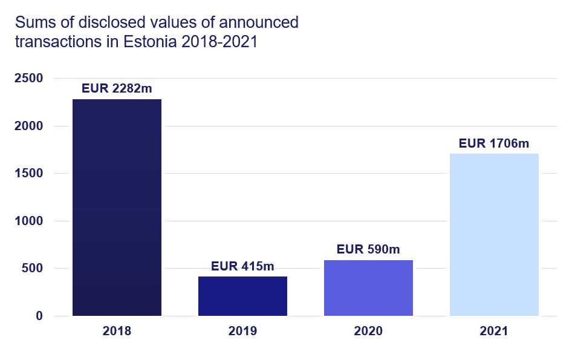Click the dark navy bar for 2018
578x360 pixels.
117,207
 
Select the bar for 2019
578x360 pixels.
242,296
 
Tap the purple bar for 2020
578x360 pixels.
368,287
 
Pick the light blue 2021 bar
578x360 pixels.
494,235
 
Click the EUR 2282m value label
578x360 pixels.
117,88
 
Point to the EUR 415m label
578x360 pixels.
242,266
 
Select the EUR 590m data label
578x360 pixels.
368,249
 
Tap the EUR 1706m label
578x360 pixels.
494,143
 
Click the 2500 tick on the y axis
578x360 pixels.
29,79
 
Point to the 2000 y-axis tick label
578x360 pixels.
29,126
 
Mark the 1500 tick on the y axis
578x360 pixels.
29,174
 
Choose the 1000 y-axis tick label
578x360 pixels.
29,221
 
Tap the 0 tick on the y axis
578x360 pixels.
39,316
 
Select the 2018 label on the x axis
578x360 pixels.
117,332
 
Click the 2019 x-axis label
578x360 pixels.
242,332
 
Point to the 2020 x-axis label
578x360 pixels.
368,332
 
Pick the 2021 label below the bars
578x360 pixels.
494,332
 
